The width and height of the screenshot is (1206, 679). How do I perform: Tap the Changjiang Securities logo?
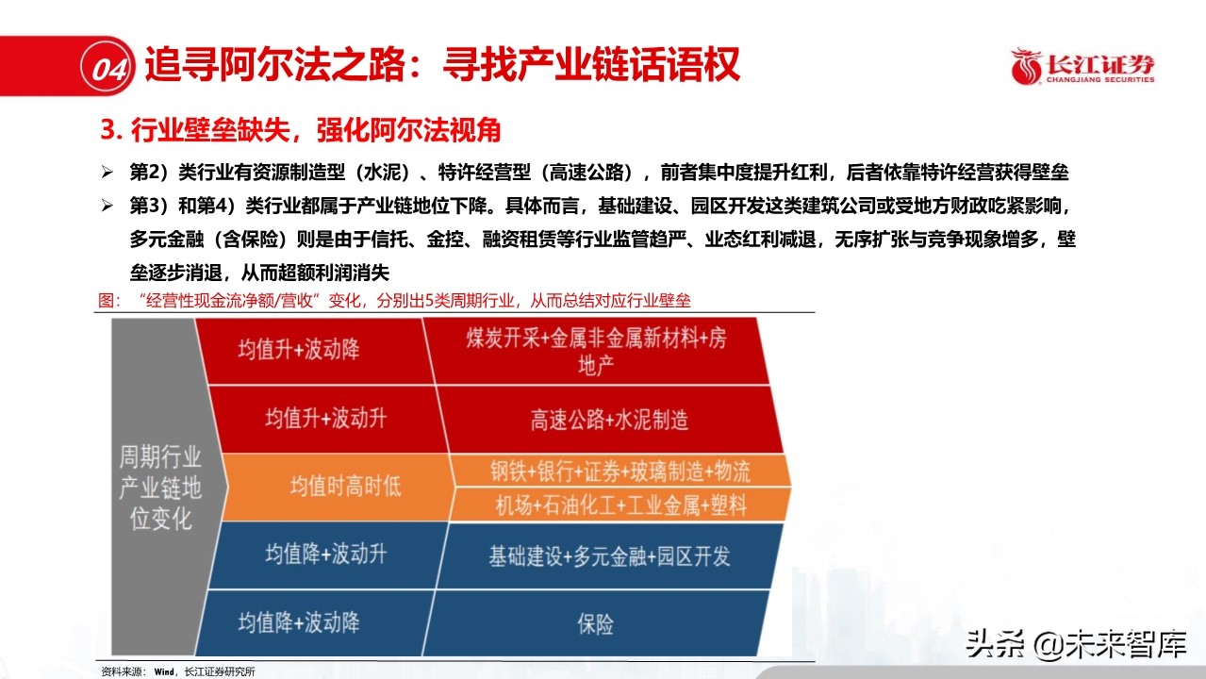point(1082,67)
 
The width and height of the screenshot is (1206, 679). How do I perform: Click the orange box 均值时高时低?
point(344,486)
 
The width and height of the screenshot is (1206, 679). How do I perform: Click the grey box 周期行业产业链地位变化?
point(159,488)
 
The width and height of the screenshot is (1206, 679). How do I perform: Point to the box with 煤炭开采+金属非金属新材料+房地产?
point(597,351)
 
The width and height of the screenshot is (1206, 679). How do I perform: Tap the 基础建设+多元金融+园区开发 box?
point(609,555)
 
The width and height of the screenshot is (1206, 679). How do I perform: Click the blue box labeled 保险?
point(596,623)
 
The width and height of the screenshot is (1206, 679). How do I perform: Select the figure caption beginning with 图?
point(396,301)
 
